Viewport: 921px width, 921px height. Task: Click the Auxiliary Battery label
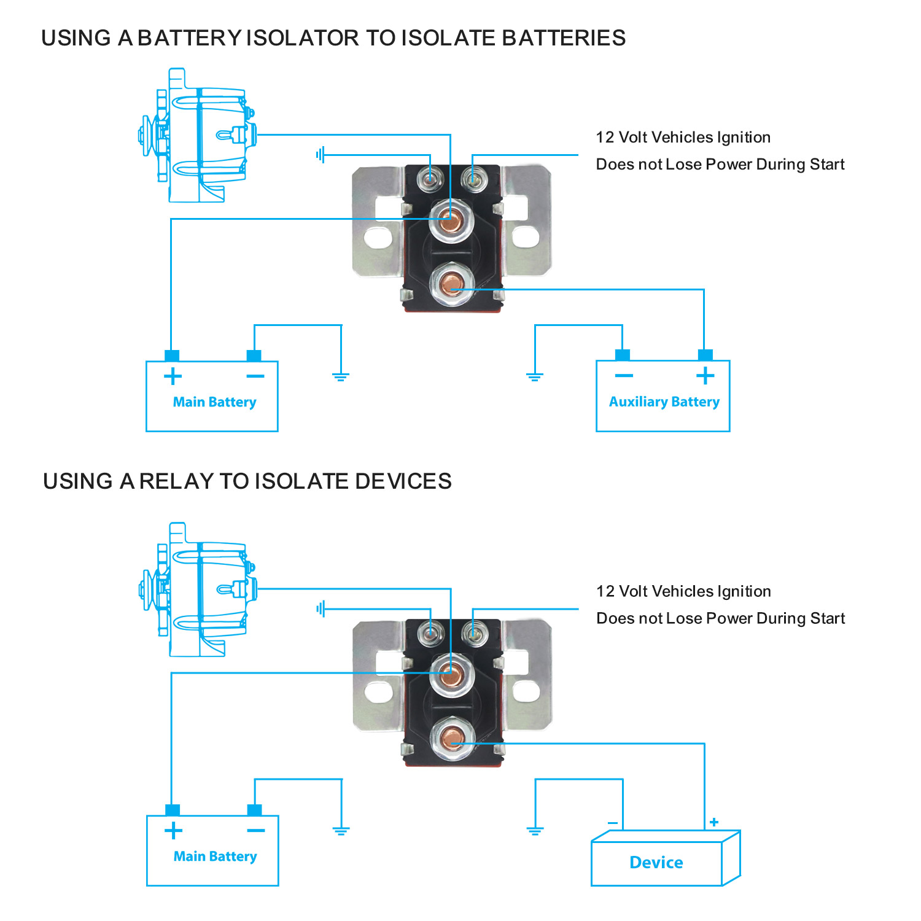coord(664,402)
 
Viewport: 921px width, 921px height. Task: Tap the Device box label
coord(656,862)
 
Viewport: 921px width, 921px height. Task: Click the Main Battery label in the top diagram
coord(214,402)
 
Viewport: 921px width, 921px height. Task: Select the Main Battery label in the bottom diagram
coord(215,857)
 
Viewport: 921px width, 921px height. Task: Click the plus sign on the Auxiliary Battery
coord(705,375)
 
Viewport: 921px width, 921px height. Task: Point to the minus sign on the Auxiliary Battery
coord(624,375)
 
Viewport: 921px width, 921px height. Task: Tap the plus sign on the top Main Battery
coord(173,376)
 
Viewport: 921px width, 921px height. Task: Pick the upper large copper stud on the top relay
coord(451,220)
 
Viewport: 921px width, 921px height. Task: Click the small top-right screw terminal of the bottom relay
coord(473,632)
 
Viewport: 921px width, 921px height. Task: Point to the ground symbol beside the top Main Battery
coord(341,376)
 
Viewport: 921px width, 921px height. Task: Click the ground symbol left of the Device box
coord(535,830)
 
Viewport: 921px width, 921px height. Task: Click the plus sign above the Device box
coord(714,822)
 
